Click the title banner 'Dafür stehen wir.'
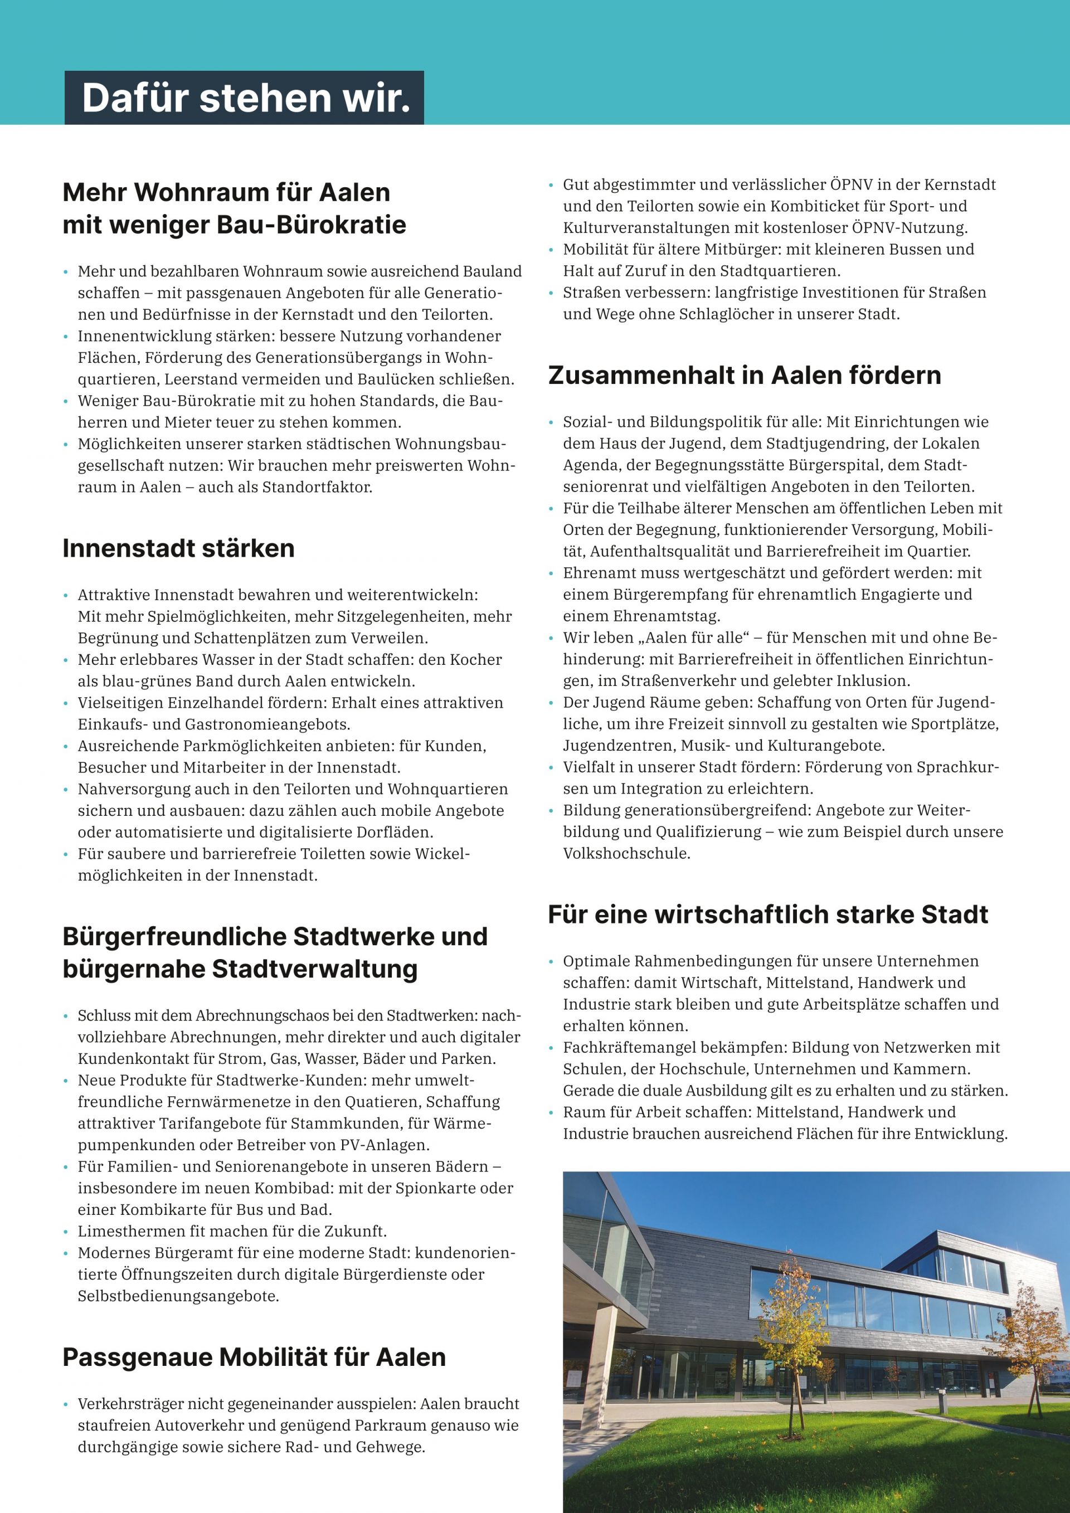tap(245, 98)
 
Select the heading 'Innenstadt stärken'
tap(178, 548)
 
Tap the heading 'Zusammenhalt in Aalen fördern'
tap(745, 375)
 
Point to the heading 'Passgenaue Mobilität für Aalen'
tap(254, 1357)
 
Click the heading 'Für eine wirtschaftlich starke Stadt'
tap(769, 914)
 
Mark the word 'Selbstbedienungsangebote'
tap(178, 1296)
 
